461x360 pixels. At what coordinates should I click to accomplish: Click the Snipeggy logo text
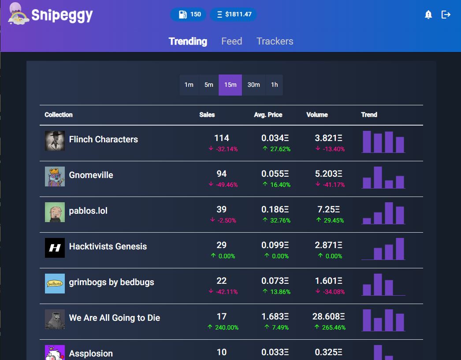point(62,15)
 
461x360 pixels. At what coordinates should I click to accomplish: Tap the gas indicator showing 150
point(188,15)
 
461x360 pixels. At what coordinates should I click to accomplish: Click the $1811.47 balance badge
point(233,15)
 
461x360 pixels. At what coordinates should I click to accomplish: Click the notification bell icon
point(428,15)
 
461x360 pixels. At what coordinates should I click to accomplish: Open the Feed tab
point(231,41)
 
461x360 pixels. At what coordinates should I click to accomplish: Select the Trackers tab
point(275,41)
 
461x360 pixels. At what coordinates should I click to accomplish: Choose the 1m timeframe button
point(189,85)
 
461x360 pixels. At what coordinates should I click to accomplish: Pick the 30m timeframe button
point(253,85)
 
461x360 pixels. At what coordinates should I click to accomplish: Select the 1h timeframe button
point(274,85)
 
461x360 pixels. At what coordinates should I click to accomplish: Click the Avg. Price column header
point(268,115)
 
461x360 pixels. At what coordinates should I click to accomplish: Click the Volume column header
point(317,115)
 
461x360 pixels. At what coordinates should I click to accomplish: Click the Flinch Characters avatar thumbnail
point(55,141)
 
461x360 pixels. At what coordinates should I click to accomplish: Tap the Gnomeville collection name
point(91,175)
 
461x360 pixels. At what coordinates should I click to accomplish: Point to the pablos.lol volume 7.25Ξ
point(328,209)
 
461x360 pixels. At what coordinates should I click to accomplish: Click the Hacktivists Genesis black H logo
point(55,248)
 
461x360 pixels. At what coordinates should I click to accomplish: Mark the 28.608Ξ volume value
point(330,316)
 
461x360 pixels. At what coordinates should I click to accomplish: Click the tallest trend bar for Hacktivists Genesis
point(400,249)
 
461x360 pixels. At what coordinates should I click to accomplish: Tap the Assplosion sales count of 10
point(222,352)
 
